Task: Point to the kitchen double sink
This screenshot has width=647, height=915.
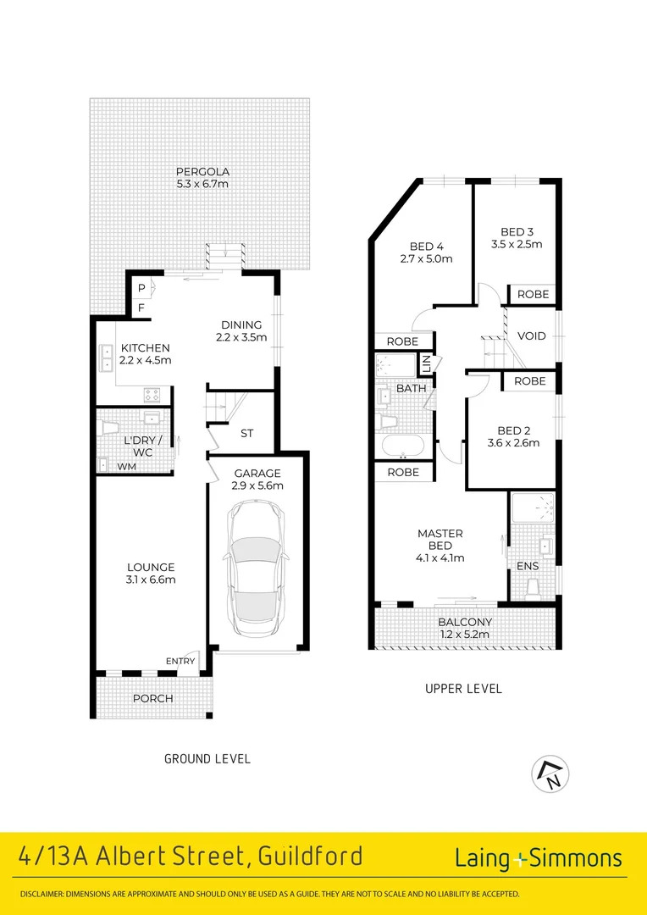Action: coord(108,359)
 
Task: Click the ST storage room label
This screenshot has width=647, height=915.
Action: coord(246,433)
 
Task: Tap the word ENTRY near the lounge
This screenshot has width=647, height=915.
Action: coord(180,661)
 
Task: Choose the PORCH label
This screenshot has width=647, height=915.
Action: coord(153,698)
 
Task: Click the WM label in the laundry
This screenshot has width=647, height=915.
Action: coord(126,466)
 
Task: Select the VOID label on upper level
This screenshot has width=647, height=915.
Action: coord(531,335)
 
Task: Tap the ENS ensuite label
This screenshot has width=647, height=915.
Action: coord(527,565)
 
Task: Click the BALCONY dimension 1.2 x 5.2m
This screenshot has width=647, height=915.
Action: coord(464,634)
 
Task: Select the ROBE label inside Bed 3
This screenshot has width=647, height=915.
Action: coord(533,294)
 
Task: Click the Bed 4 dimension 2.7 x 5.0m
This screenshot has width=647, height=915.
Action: coord(425,259)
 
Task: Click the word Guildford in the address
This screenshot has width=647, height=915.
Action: coord(309,857)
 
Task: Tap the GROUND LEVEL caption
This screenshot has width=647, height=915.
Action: coord(207,758)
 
